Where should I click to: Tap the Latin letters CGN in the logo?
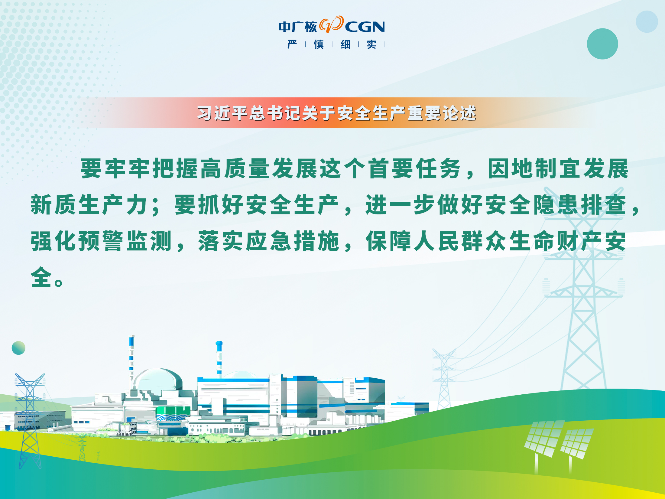(365, 27)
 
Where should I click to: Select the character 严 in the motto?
(292, 44)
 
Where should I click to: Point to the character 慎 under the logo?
(319, 44)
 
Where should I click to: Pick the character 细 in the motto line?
(345, 44)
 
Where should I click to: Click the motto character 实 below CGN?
(371, 44)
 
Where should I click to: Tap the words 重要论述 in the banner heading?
(442, 113)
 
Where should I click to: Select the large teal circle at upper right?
(602, 44)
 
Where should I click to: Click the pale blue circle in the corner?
(647, 22)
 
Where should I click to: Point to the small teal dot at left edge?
(18, 348)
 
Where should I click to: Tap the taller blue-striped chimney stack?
(131, 358)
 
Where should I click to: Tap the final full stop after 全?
(59, 282)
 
